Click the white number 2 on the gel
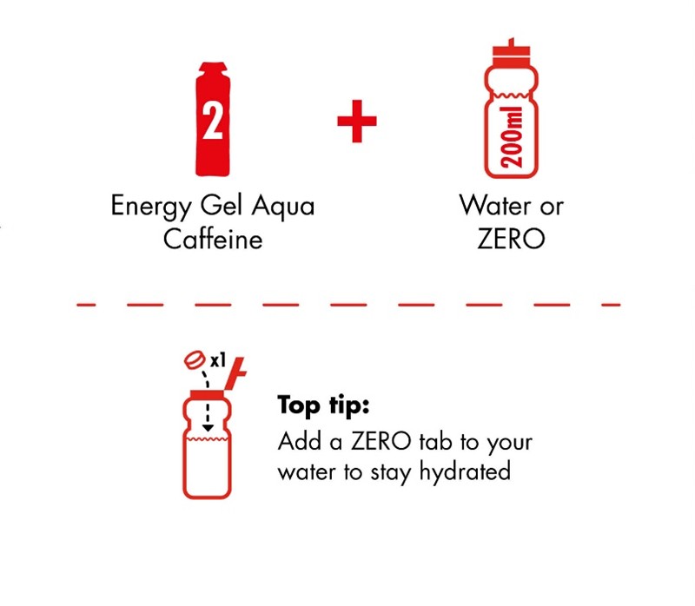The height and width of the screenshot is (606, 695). point(212,121)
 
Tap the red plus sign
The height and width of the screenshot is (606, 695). point(357,122)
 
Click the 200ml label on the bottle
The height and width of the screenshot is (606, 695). point(512,138)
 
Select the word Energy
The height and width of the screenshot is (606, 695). point(151,207)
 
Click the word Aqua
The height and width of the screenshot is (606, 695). point(283,207)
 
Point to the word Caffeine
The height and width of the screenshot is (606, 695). point(213,239)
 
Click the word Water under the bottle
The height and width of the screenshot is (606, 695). point(494,206)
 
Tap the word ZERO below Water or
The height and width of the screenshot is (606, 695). point(511,239)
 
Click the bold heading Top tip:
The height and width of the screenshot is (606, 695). point(323,405)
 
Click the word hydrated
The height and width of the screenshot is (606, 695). point(465,471)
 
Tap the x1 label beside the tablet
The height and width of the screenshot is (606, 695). point(218,360)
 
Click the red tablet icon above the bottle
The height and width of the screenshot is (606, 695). point(195,360)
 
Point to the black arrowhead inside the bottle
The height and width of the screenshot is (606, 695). point(208,428)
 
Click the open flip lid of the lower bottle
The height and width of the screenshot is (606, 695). point(235,372)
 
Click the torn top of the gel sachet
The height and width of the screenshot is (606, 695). point(213,68)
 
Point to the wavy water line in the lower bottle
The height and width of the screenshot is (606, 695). point(208,439)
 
